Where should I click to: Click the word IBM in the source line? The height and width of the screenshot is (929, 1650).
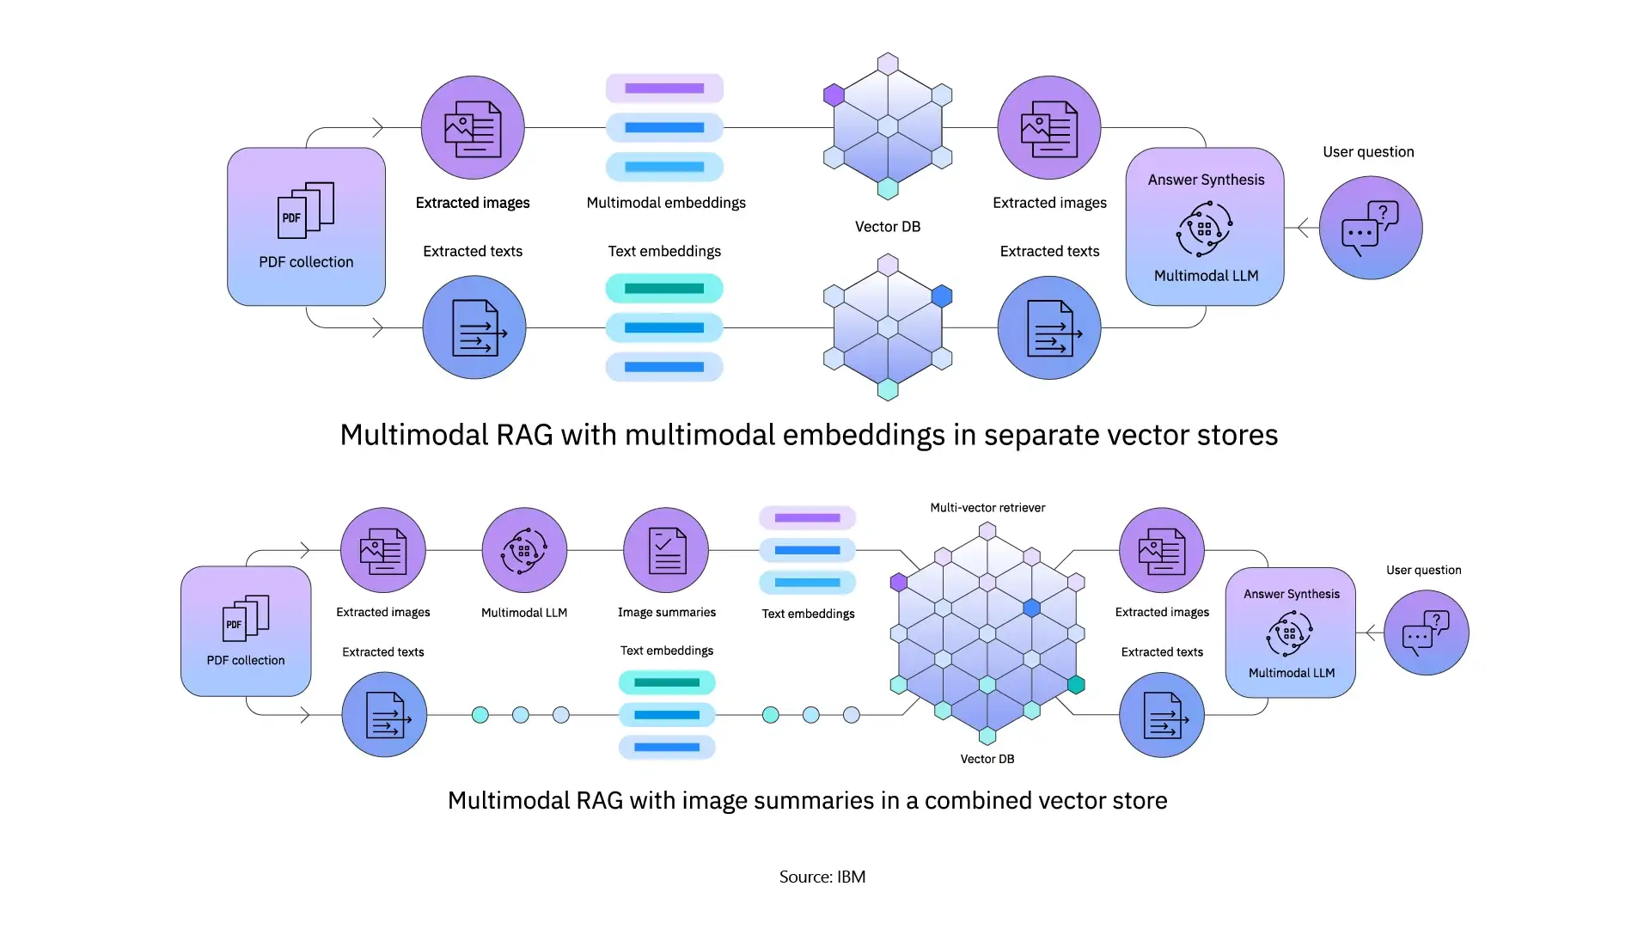point(851,877)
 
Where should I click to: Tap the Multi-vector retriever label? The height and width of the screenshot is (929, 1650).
point(987,508)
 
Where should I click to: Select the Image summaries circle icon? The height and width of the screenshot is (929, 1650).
point(666,550)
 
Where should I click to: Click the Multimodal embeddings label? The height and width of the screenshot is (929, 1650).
point(666,203)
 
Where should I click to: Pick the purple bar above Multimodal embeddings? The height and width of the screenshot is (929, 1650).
point(664,89)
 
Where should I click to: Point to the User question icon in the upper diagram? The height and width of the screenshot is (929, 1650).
point(1370,228)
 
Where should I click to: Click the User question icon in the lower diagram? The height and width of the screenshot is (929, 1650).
point(1426,633)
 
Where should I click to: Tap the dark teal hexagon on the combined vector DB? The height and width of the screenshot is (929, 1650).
point(1076,684)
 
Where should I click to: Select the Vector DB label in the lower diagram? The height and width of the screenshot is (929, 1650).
point(987,759)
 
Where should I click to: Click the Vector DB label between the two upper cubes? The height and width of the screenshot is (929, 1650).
point(887,227)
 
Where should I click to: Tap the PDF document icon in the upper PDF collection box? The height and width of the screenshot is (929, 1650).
point(305,210)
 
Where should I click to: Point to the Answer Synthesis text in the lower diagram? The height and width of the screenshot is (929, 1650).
point(1291,594)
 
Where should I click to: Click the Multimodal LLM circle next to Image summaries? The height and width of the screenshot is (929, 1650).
point(524,550)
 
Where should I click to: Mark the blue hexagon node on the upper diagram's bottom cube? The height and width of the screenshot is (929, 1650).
point(942,296)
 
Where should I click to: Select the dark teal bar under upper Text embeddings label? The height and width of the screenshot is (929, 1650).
point(664,289)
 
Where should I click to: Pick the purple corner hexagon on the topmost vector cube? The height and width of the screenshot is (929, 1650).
point(834,95)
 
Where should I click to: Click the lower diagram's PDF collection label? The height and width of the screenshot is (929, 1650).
point(246,660)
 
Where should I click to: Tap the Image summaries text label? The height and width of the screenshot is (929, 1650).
point(666,613)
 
